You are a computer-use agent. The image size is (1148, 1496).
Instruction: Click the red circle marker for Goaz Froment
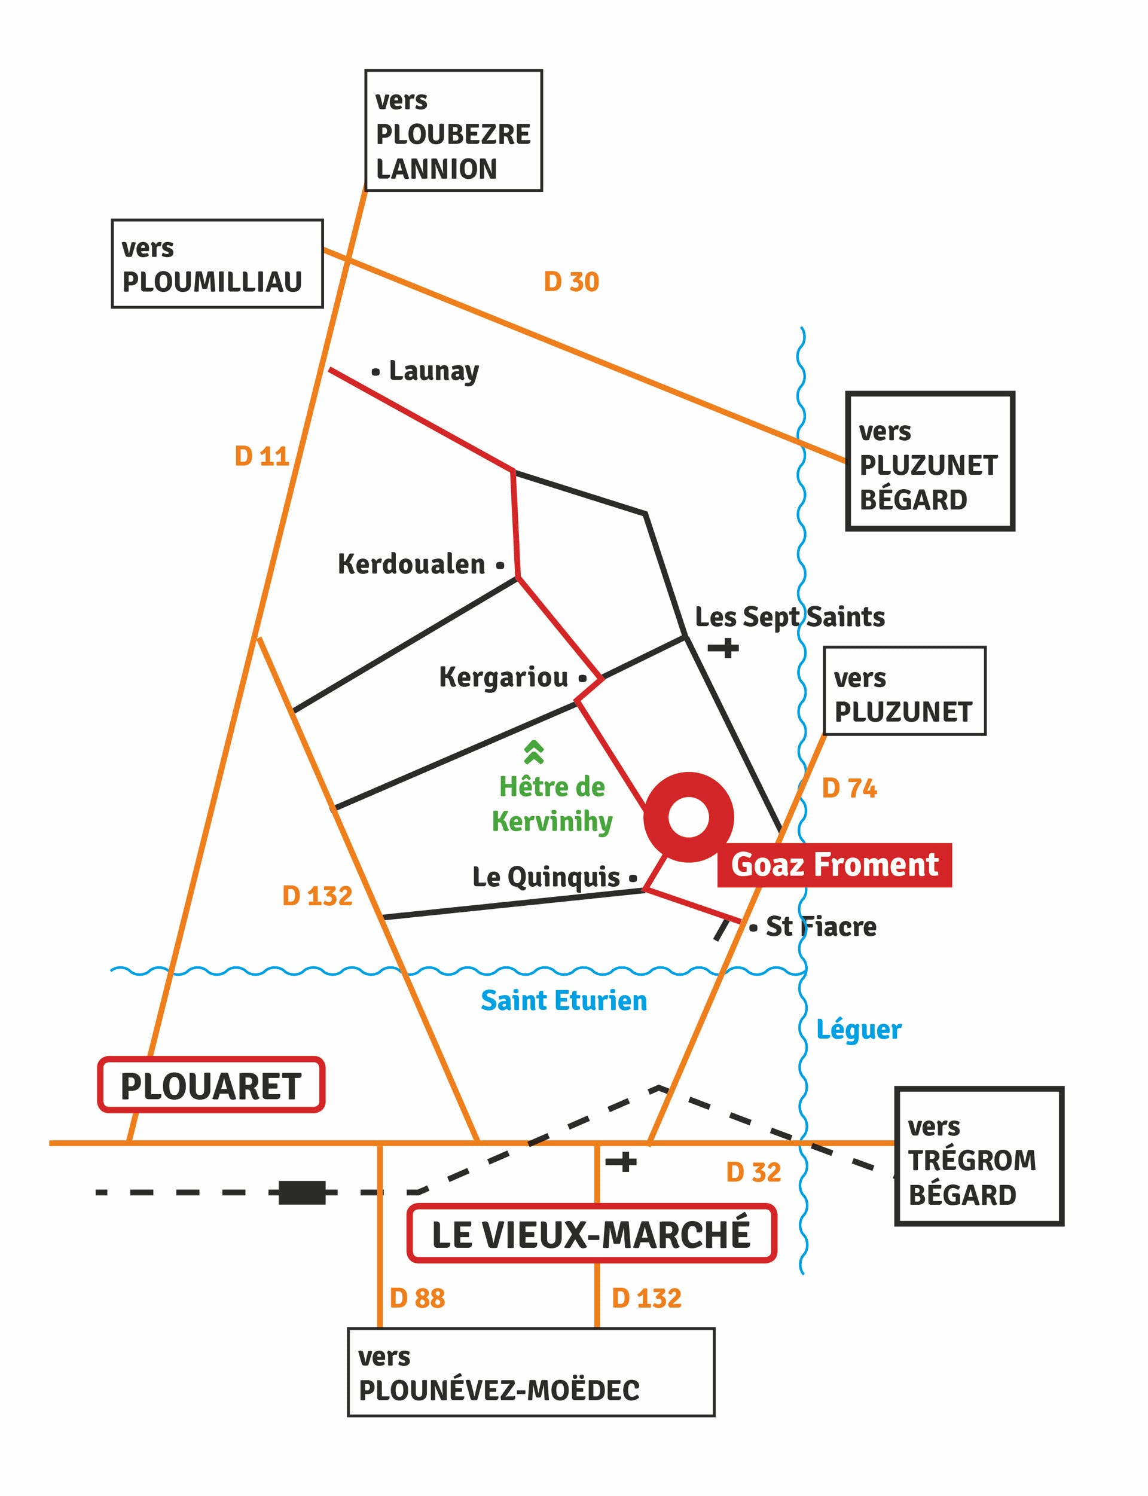[x=688, y=817]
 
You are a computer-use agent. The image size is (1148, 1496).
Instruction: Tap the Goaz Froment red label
[x=833, y=865]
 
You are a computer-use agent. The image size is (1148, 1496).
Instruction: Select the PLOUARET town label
[x=210, y=1086]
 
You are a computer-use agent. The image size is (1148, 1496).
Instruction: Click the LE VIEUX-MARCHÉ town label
[x=591, y=1234]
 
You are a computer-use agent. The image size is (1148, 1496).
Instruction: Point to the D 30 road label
[x=571, y=282]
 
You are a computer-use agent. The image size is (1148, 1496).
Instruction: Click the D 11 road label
[x=262, y=456]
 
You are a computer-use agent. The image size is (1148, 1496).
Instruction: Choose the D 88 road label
[x=417, y=1298]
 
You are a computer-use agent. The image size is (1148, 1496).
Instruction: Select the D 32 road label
[x=753, y=1172]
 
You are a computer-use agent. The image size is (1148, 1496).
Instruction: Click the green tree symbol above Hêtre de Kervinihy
[x=534, y=752]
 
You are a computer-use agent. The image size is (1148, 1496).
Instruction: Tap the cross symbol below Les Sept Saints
[x=723, y=647]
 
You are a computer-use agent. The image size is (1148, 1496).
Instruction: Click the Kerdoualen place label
[x=411, y=564]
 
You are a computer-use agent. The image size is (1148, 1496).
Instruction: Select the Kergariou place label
[x=503, y=677]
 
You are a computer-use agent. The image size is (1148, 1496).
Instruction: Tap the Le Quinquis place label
[x=546, y=877]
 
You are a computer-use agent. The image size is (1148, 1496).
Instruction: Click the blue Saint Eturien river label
[x=564, y=1000]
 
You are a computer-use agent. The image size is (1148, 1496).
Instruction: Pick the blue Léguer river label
[x=859, y=1030]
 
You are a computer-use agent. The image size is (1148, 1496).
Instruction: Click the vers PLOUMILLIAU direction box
[x=217, y=264]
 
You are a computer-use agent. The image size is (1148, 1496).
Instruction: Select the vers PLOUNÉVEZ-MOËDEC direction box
[x=531, y=1372]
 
